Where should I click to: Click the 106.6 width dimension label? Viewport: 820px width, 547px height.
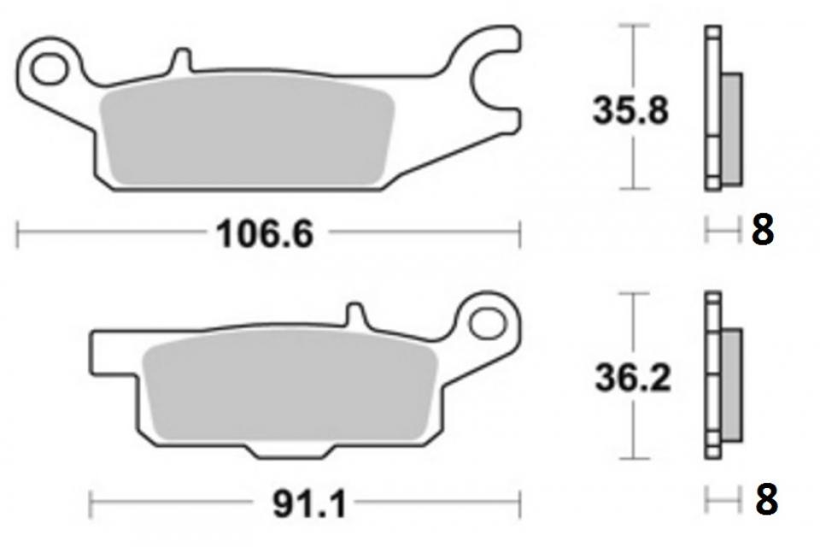tap(265, 234)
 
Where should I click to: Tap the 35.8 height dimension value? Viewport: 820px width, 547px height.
tap(630, 111)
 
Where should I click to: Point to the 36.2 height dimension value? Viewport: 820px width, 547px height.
tap(633, 378)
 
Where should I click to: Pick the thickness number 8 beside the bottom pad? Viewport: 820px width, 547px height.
tap(767, 500)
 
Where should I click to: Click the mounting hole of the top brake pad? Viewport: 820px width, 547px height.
tap(50, 68)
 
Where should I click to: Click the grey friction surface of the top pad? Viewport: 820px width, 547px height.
tap(247, 130)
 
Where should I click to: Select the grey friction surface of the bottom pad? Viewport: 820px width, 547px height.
tap(290, 385)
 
